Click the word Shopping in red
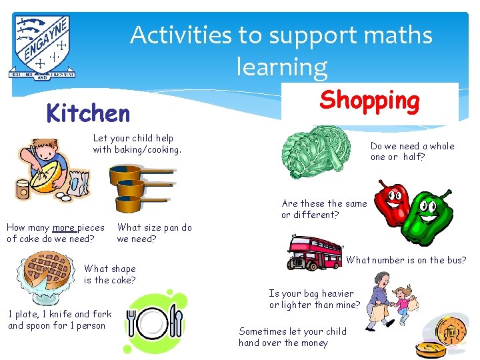(x=369, y=100)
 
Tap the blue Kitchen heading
(x=88, y=113)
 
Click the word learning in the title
(x=281, y=67)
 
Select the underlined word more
(x=65, y=227)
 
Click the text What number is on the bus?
(x=406, y=260)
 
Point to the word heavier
(x=335, y=293)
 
